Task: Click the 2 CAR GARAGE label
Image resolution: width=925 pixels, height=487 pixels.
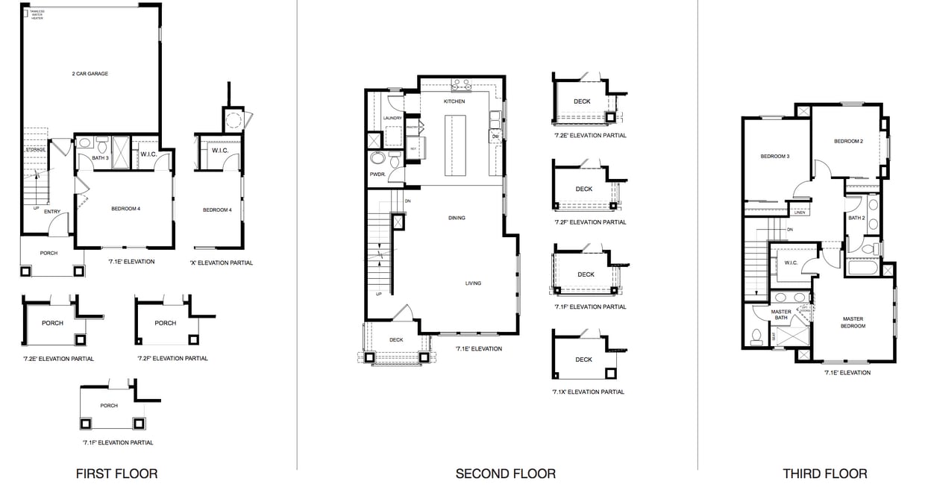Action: click(90, 74)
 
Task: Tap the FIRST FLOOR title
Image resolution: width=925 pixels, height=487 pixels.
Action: click(116, 474)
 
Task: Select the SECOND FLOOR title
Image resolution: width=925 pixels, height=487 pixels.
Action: click(505, 474)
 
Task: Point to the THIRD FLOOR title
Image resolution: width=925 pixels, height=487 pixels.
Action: click(824, 474)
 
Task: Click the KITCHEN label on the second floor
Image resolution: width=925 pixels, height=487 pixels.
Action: click(454, 101)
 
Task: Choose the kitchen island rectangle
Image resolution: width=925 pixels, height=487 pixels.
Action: click(455, 145)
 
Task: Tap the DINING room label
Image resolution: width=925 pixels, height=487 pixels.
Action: click(457, 218)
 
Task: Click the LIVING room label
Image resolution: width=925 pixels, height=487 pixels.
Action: click(473, 283)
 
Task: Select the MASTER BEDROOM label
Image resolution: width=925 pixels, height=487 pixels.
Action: click(853, 322)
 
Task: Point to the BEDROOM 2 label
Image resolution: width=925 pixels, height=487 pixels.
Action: click(848, 141)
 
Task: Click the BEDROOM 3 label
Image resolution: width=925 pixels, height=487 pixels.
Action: click(774, 157)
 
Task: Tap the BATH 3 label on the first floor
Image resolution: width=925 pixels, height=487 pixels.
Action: click(101, 157)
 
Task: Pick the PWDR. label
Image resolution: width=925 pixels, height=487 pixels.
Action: click(376, 175)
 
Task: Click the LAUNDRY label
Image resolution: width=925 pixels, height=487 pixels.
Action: click(392, 118)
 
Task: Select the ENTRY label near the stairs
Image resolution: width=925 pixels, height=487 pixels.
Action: click(51, 212)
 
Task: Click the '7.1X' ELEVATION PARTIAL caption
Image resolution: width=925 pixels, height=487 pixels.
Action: click(588, 392)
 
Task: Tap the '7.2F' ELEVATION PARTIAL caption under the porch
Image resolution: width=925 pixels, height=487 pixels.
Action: click(172, 359)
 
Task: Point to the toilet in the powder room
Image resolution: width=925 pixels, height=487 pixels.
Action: click(377, 158)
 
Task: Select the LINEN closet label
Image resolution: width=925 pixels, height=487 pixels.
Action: click(800, 213)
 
